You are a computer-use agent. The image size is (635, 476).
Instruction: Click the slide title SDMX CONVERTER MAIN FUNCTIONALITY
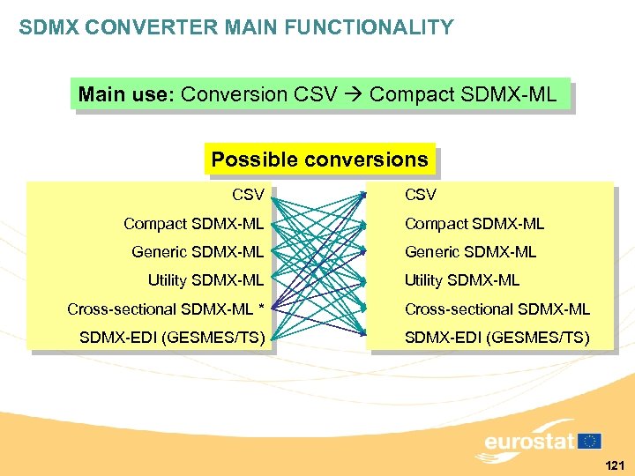[236, 28]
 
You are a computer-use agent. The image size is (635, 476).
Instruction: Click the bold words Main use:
[126, 94]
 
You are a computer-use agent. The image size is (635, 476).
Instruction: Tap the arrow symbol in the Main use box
[354, 95]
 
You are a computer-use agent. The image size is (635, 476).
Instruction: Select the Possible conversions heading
[319, 160]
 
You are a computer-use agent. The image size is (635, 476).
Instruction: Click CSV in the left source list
[248, 194]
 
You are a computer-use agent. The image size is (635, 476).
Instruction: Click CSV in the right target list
[421, 194]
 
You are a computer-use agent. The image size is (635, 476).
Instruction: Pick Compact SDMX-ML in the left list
[193, 223]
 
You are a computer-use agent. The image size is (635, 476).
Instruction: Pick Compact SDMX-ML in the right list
[474, 223]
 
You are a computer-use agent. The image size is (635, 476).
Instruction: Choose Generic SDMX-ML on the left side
[198, 252]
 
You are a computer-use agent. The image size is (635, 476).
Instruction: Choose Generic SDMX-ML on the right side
[470, 252]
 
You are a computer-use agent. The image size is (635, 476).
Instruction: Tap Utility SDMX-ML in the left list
[205, 280]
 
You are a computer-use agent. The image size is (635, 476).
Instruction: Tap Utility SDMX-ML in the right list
[462, 280]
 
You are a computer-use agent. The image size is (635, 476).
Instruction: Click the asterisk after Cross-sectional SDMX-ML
[260, 308]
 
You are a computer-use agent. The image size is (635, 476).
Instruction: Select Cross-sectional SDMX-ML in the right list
[497, 309]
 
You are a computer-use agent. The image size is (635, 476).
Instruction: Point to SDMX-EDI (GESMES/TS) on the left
[172, 337]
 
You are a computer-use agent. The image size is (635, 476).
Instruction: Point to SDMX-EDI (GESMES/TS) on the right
[497, 337]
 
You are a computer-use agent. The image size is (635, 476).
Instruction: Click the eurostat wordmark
[529, 441]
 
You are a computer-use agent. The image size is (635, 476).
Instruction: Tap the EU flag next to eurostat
[589, 441]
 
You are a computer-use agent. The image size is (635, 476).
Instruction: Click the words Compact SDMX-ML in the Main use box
[463, 94]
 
